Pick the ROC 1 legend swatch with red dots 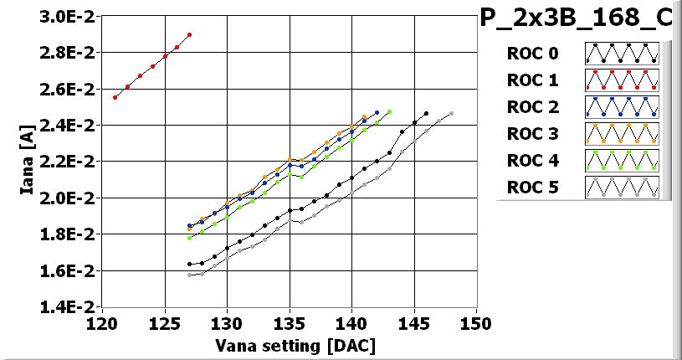coord(622,80)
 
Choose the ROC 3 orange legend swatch coord(622,133)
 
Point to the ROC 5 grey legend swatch coord(622,187)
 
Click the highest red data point coord(190,35)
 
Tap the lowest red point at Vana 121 coord(115,97)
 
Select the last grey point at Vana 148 coord(452,114)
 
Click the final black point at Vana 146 coord(427,114)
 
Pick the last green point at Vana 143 coord(389,112)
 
